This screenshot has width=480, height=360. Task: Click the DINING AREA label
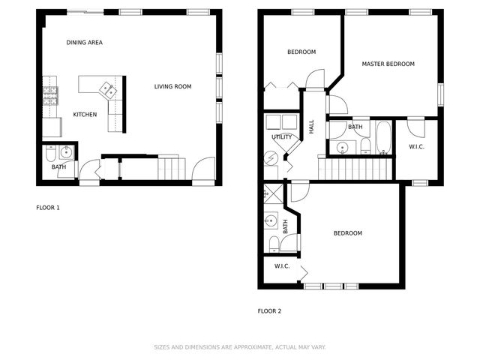point(84,43)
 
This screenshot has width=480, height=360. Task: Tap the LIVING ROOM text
point(172,87)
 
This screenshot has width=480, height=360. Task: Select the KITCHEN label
point(84,115)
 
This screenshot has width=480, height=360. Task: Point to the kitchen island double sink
point(106,88)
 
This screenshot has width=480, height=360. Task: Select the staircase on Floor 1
point(171,167)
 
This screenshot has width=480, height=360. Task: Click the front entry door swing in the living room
point(201,171)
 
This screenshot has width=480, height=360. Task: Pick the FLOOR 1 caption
point(48,207)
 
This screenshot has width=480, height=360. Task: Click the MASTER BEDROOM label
point(388,64)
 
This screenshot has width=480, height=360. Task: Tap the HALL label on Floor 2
point(311,127)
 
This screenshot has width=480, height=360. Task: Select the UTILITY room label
point(282,137)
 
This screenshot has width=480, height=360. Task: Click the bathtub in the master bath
point(383,138)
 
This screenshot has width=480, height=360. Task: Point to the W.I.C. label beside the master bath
point(417,147)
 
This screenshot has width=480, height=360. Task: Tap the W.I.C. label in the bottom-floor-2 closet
point(282,266)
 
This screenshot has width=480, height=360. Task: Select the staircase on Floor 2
point(354,169)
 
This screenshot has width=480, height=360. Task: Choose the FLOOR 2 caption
point(269,310)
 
